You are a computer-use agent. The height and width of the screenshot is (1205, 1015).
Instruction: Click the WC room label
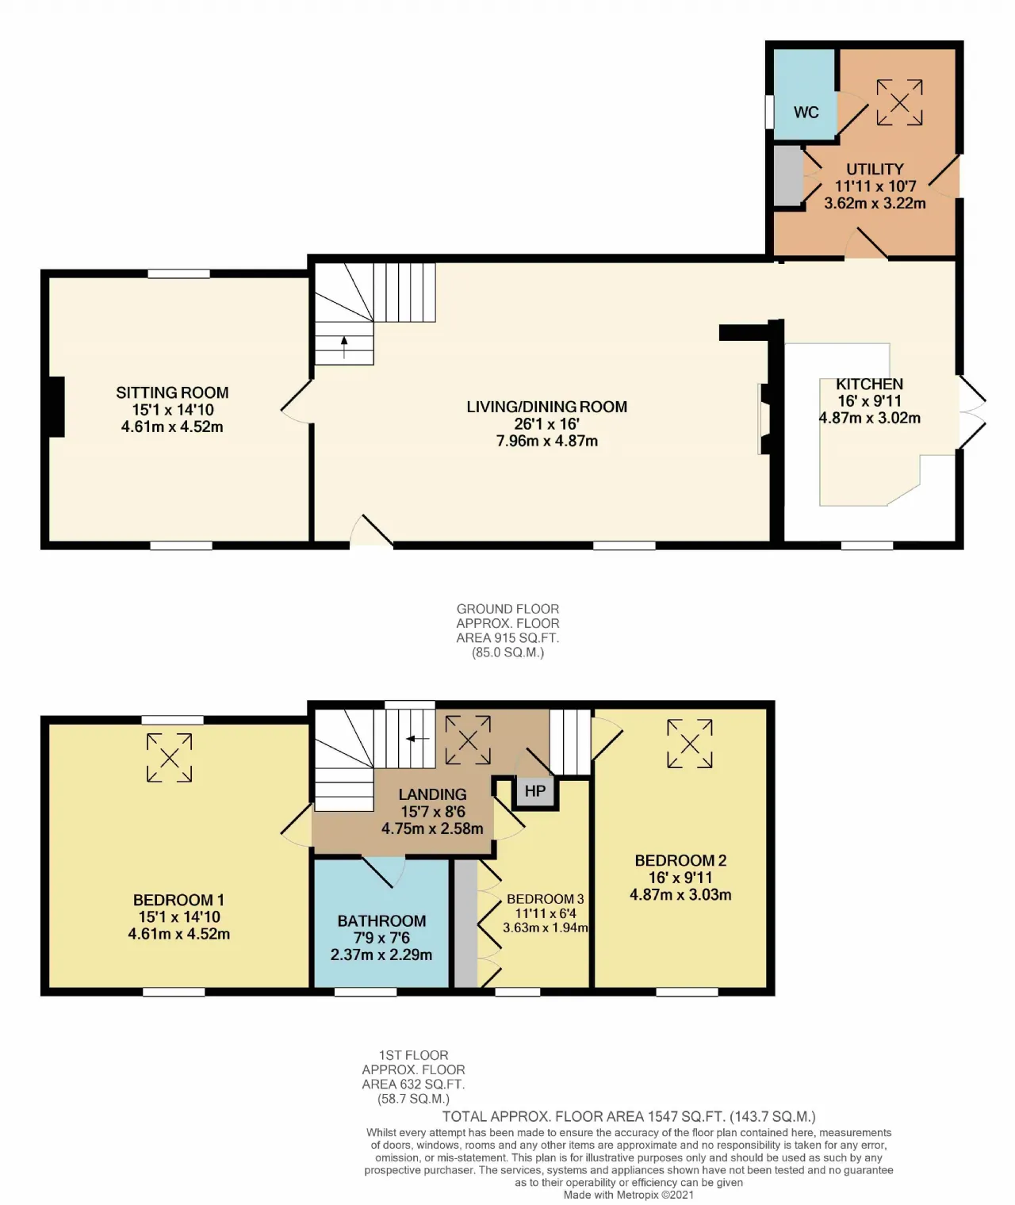tap(806, 112)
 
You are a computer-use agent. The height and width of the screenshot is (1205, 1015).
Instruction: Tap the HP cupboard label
tap(534, 790)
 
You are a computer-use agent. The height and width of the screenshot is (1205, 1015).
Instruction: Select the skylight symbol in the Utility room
tap(899, 103)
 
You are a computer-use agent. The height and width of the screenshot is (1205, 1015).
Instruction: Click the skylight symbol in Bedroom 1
tap(169, 757)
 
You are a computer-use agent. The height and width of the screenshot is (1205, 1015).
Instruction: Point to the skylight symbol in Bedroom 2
tap(689, 744)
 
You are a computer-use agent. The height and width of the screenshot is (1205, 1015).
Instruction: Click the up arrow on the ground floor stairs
tap(344, 347)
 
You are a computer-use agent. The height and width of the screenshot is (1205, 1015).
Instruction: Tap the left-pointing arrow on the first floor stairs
tap(417, 739)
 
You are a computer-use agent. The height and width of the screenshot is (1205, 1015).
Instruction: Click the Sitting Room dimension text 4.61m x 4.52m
tap(172, 427)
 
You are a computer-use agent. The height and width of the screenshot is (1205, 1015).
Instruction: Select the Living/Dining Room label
tap(547, 407)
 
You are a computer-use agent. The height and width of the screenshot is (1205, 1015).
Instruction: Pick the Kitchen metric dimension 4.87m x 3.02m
tap(870, 418)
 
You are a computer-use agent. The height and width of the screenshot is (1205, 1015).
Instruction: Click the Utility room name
tap(875, 169)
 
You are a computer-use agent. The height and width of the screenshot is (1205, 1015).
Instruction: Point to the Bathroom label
tap(381, 920)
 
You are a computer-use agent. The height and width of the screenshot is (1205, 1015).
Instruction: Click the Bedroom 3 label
tap(545, 898)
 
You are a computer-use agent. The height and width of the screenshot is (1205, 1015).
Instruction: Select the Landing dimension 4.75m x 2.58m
tap(432, 828)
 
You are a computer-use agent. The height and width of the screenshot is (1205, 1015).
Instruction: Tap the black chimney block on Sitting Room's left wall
tap(56, 407)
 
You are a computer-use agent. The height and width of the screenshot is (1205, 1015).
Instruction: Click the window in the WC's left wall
tap(769, 111)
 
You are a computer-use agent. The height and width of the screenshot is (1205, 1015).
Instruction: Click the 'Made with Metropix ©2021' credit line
tap(629, 1195)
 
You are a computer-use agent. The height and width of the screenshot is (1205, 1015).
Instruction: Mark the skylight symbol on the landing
tap(468, 740)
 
